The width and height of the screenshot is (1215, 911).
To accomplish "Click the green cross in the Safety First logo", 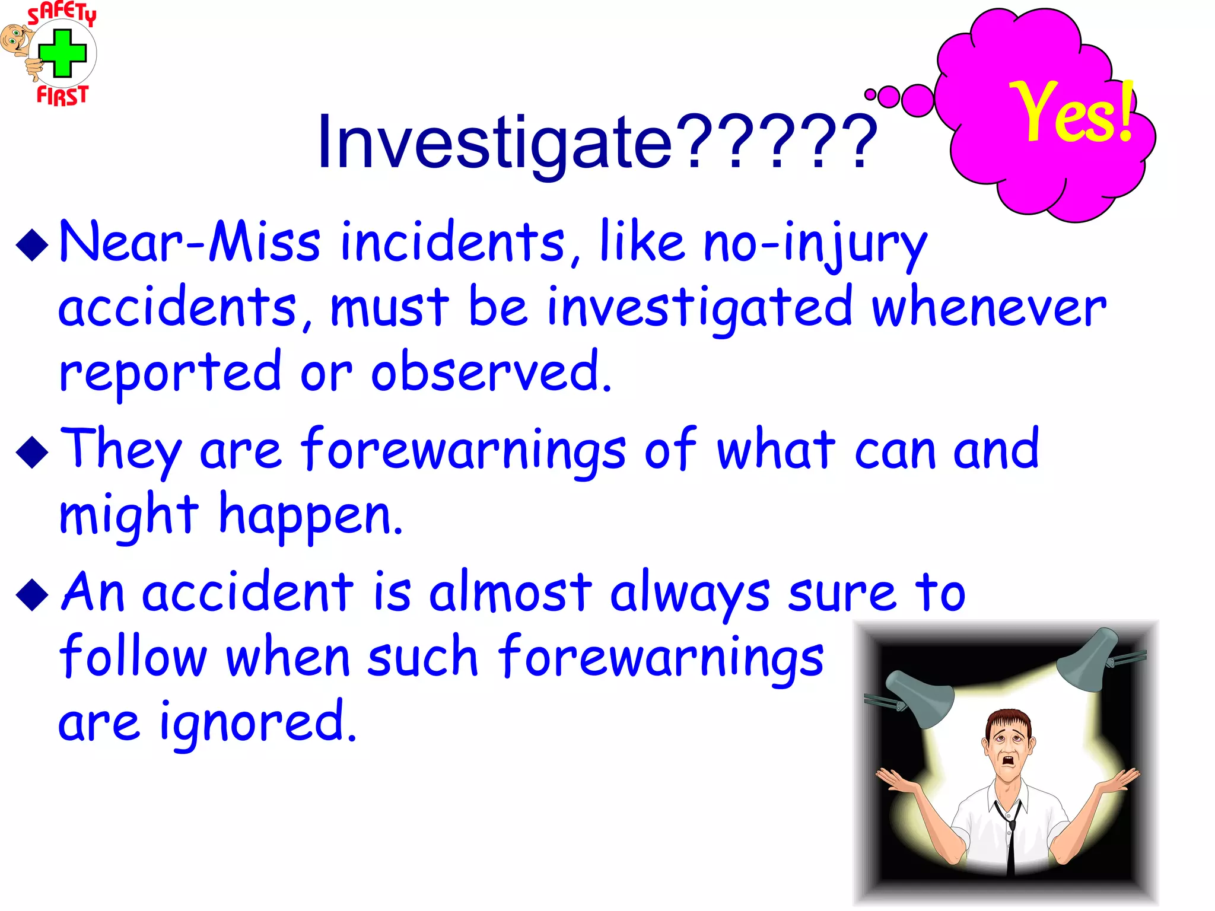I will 63,53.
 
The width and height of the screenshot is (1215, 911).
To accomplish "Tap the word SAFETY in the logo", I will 62,13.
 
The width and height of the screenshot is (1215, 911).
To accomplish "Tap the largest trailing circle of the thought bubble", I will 918,100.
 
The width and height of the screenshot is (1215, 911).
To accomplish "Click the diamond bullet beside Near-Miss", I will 32,245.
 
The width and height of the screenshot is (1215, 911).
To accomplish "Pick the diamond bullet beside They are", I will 32,453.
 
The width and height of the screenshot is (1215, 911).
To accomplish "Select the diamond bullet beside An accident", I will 32,595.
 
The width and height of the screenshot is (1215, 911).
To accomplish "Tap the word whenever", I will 988,307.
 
